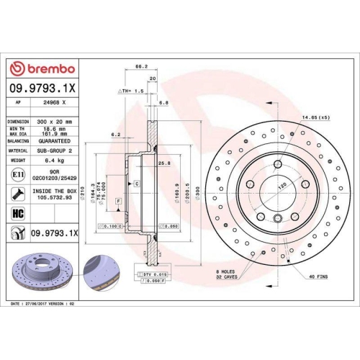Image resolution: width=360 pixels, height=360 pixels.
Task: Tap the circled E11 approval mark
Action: pyautogui.click(x=16, y=175)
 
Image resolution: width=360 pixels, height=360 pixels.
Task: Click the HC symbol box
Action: pyautogui.click(x=17, y=214)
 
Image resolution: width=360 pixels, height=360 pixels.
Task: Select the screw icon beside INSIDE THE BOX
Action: pyautogui.click(x=16, y=194)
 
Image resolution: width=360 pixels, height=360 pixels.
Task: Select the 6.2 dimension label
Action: pyautogui.click(x=115, y=134)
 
